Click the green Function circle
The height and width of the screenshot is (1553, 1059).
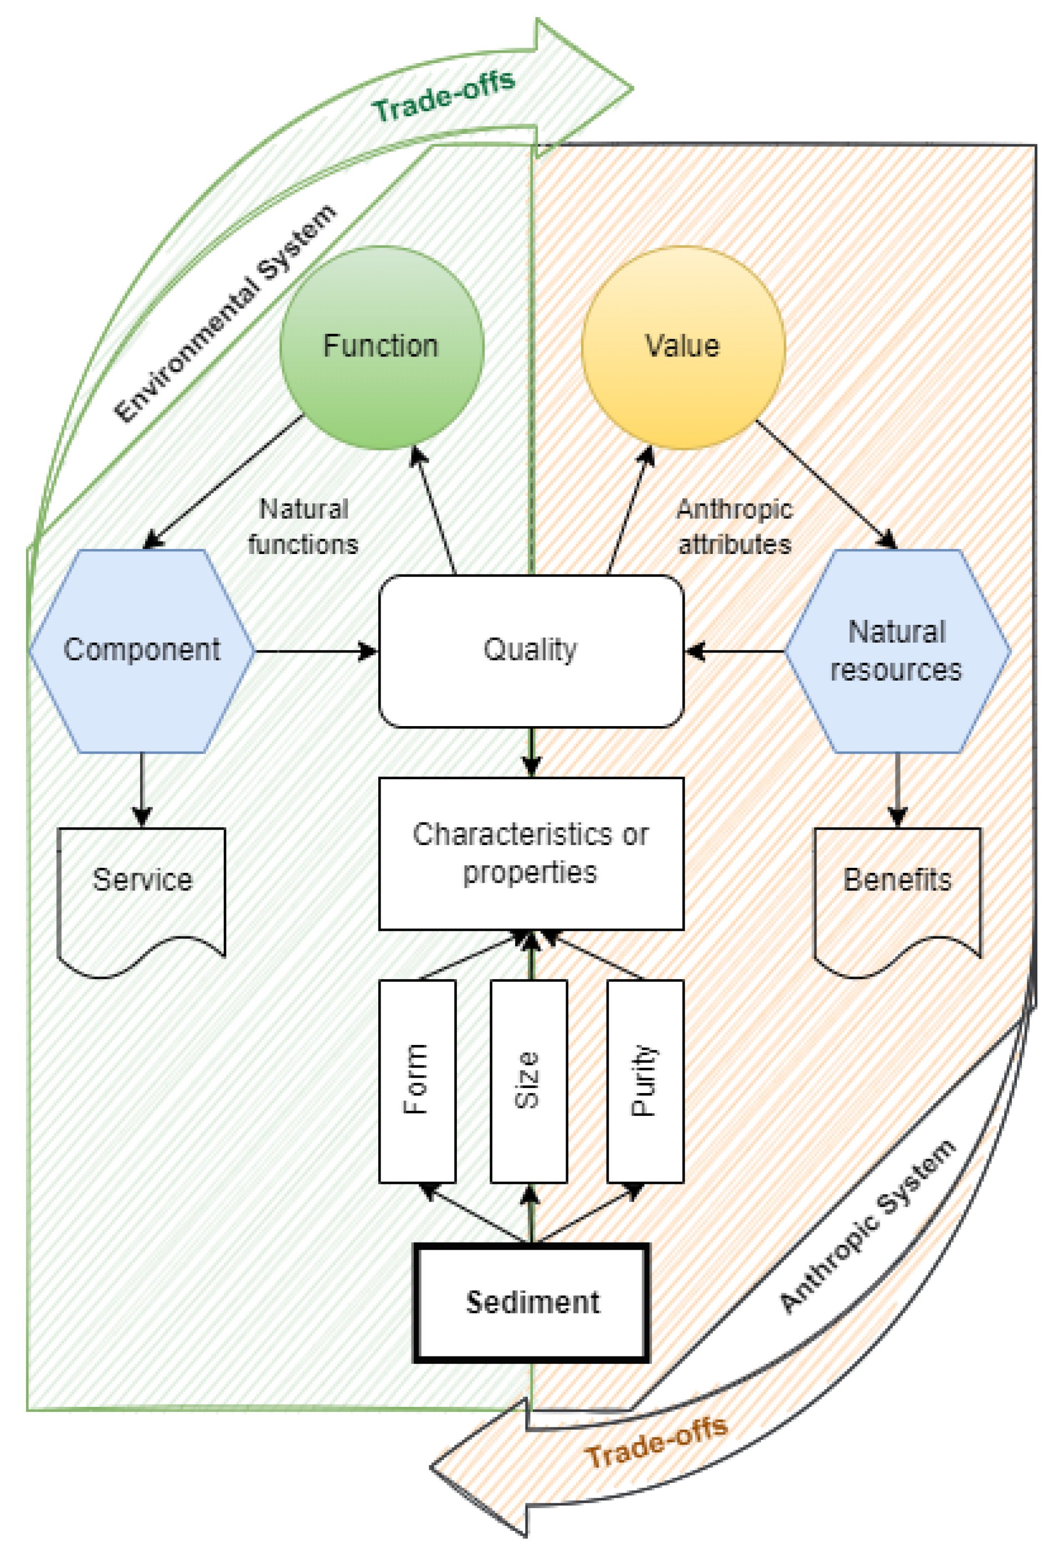tap(381, 348)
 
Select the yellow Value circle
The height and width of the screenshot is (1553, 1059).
tap(682, 348)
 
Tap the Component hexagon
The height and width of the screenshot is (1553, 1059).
tap(142, 650)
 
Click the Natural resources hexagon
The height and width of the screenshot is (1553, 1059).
tap(897, 650)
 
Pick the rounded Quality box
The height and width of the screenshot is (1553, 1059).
tap(531, 650)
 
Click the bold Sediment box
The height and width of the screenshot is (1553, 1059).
tap(532, 1302)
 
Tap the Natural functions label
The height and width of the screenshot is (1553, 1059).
tap(304, 526)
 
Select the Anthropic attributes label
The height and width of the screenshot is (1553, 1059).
tap(735, 526)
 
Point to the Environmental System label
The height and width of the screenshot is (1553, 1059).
tap(225, 314)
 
